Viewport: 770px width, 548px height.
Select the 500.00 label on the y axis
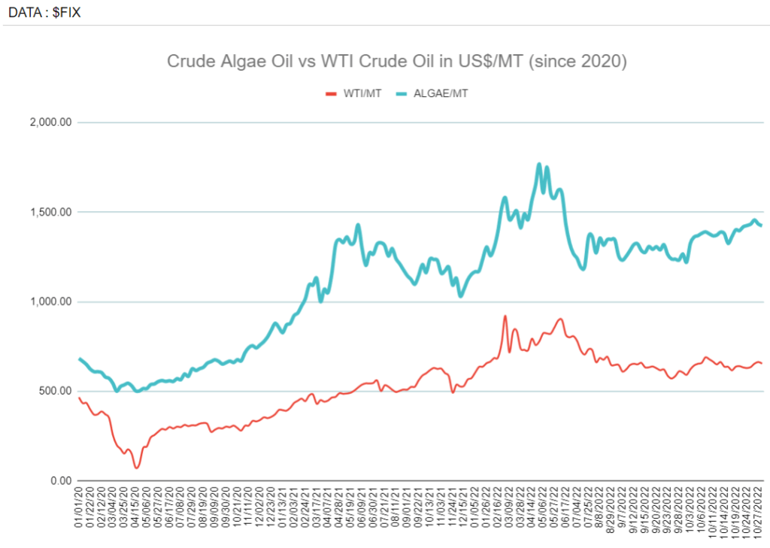point(55,391)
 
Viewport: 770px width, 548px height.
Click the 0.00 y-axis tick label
point(59,480)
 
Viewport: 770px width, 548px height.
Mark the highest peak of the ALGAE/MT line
point(538,164)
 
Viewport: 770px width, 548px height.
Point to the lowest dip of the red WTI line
point(137,468)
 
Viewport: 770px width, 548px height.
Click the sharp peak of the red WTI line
point(505,316)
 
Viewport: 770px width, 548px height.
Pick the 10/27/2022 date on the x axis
point(759,517)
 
